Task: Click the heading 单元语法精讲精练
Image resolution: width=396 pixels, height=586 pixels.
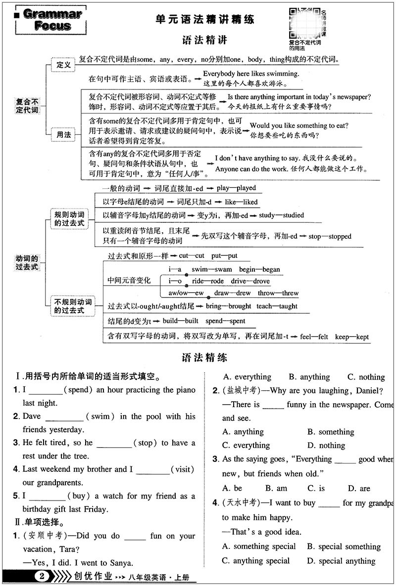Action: tap(204, 20)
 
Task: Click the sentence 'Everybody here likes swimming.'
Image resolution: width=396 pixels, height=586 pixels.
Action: tap(251, 74)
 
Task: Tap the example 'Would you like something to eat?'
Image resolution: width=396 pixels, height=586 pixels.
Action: tap(299, 126)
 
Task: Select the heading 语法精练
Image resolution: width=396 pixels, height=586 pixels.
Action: tap(204, 358)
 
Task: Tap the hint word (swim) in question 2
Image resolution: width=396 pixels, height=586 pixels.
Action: tap(100, 417)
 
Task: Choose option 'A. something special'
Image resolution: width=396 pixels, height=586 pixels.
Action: tap(259, 546)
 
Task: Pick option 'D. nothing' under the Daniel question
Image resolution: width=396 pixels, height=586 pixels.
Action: tap(326, 445)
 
